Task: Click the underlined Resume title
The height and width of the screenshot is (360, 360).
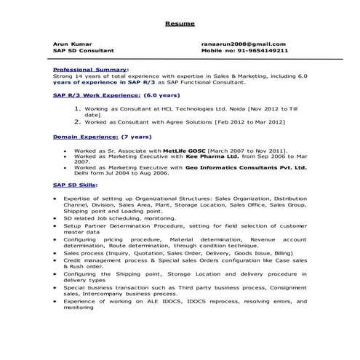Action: coord(180,24)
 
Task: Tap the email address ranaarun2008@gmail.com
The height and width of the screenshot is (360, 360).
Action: coord(244,44)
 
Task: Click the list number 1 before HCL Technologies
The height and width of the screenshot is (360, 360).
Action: coord(78,108)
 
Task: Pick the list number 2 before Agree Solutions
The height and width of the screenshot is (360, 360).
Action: coord(78,122)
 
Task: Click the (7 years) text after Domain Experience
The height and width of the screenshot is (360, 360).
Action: coord(136,136)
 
